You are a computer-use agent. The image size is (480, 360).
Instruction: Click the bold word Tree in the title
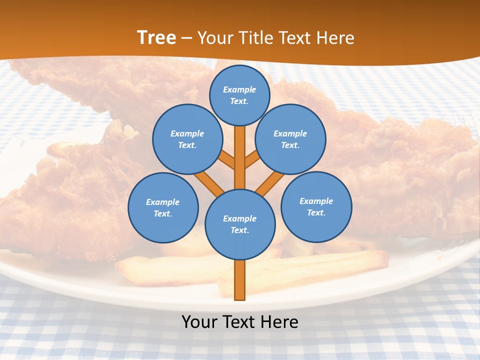click(x=156, y=37)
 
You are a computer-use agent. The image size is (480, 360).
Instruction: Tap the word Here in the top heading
click(x=336, y=37)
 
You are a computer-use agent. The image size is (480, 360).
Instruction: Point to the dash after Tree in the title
click(x=186, y=38)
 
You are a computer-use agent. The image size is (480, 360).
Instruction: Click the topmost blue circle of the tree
click(x=239, y=95)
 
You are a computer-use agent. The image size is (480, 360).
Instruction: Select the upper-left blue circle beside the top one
click(x=187, y=139)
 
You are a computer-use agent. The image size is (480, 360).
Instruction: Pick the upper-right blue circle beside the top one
click(x=290, y=139)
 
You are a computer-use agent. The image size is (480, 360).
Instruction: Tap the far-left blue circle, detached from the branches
click(x=163, y=207)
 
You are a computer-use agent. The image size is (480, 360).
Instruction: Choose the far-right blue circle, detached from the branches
click(x=316, y=206)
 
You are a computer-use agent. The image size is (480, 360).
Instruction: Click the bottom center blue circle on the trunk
click(x=240, y=224)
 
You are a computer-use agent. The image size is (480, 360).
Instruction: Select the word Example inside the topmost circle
click(x=239, y=89)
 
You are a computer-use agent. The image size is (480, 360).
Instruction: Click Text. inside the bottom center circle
click(x=240, y=230)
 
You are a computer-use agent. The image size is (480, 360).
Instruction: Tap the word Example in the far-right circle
click(x=316, y=201)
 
